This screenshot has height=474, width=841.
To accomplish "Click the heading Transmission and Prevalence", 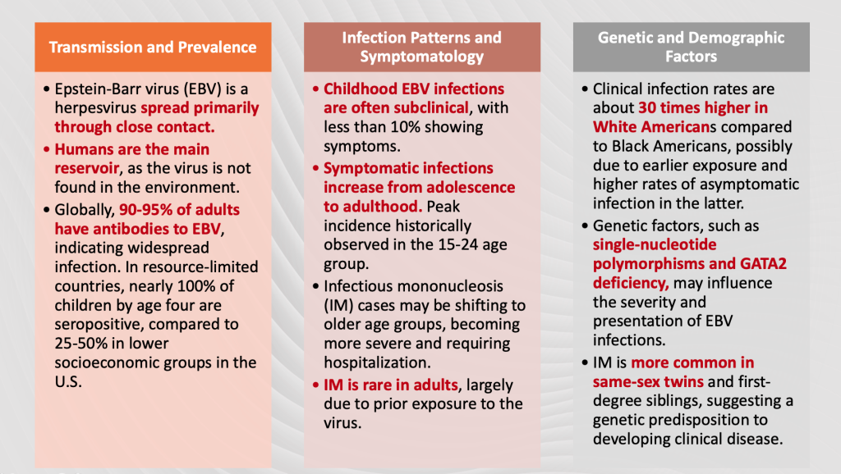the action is click(153, 47).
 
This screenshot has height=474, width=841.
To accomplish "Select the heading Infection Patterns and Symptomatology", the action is click(421, 47).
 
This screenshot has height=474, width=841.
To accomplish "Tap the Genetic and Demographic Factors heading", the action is click(691, 47).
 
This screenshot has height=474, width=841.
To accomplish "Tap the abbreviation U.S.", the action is click(68, 381).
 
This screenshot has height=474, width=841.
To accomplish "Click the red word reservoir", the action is click(86, 168).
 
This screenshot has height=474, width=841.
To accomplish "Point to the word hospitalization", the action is click(377, 362).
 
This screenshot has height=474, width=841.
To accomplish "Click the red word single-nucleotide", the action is click(655, 244).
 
